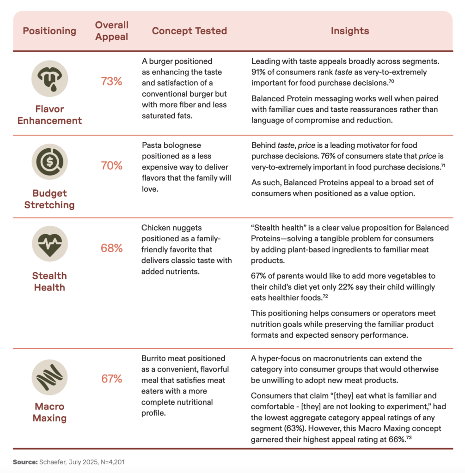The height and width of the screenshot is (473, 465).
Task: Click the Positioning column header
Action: click(49, 31)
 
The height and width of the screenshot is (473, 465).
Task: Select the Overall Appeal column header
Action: click(112, 31)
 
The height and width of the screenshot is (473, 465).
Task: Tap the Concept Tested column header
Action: click(190, 31)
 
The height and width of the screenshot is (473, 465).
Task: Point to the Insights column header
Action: click(350, 31)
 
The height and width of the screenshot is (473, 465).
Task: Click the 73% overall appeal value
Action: click(112, 82)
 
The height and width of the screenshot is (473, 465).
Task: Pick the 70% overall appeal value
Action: click(112, 166)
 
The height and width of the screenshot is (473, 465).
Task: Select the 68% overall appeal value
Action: click(112, 248)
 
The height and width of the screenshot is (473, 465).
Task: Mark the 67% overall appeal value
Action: click(112, 379)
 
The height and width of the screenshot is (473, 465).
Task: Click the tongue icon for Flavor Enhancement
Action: click(49, 78)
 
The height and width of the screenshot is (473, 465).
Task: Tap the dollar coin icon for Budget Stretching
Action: click(49, 162)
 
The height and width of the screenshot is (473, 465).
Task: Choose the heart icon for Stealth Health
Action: click(49, 244)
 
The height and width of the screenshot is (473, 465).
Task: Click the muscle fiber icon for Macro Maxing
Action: click(49, 375)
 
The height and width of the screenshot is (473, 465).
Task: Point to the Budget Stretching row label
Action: click(49, 199)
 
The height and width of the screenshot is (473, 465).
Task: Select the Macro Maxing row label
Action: click(49, 412)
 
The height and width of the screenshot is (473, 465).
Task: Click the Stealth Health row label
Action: click(49, 281)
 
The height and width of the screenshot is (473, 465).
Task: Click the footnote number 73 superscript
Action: click(410, 437)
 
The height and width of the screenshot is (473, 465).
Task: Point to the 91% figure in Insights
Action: click(259, 72)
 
